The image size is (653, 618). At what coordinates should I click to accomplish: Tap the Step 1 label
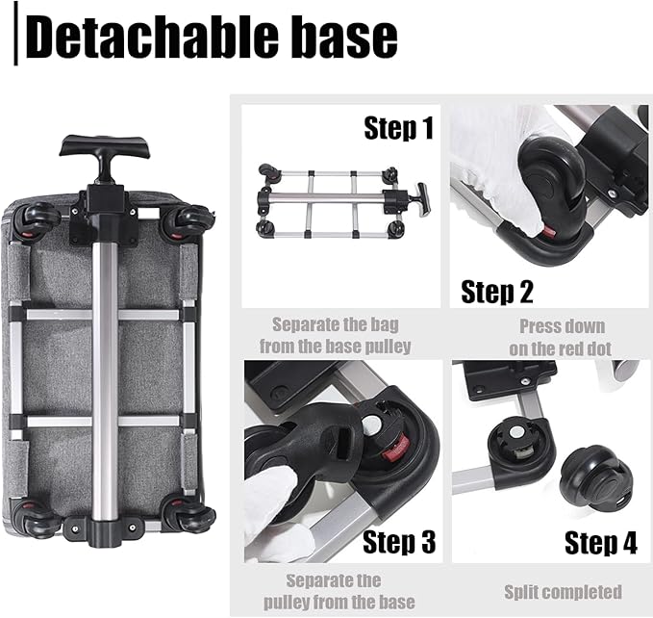point(398,128)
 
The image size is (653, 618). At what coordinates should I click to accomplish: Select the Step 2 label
point(497,290)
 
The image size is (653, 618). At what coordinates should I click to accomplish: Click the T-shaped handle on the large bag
point(107,150)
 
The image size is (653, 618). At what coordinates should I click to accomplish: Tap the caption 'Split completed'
point(563,591)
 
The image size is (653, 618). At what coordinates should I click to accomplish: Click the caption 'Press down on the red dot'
point(553,337)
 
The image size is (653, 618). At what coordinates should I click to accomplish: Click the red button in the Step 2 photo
point(547,231)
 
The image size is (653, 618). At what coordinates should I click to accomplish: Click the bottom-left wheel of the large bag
point(38,521)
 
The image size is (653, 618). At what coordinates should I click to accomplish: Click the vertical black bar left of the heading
point(16,36)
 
